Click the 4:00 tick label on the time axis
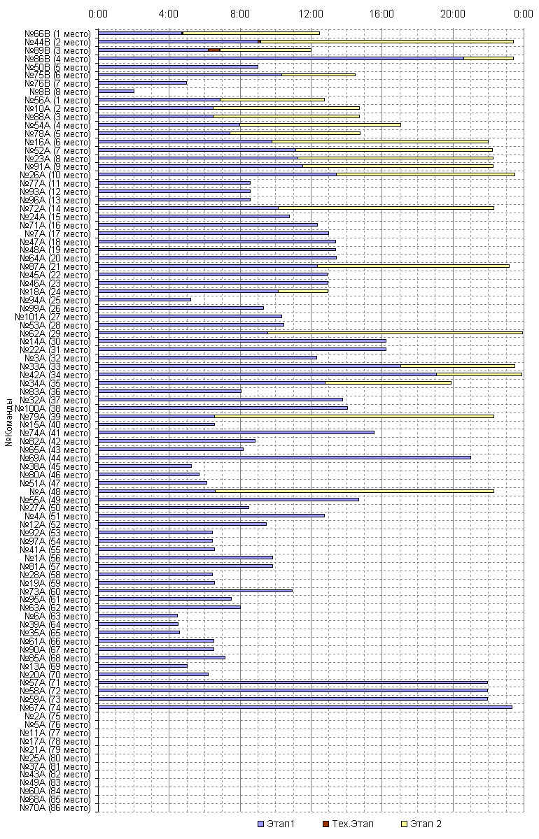point(169,13)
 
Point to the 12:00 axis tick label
point(310,13)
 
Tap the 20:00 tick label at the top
point(452,13)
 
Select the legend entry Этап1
point(276,824)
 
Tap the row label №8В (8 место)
point(60,92)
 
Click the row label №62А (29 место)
point(57,333)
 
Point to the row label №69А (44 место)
point(57,457)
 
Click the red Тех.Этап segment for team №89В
point(214,50)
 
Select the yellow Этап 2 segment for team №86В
point(488,58)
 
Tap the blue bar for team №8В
point(115,91)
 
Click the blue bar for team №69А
point(284,457)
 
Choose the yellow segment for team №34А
point(388,382)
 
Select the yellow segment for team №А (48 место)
point(354,491)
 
